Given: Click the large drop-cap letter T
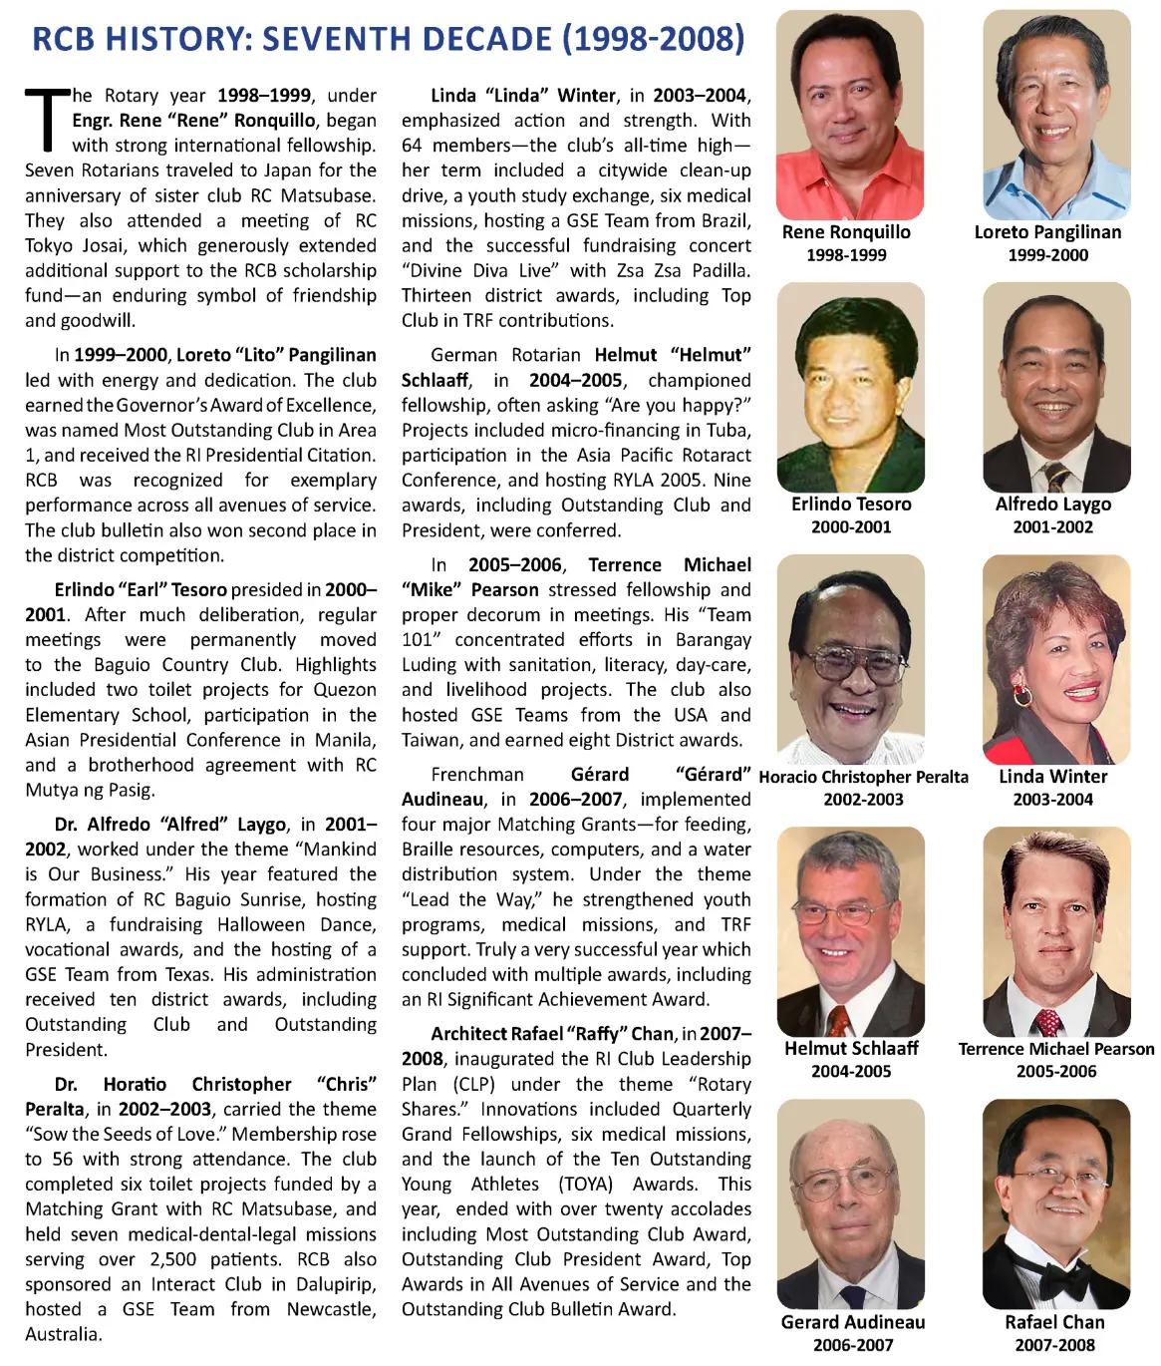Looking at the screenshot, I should point(46,120).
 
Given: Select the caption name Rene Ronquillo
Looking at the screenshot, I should point(846,232).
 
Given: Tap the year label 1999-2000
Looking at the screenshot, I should point(1047,255).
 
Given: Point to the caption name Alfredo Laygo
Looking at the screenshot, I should point(1052,505).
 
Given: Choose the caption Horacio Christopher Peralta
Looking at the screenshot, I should point(863,777).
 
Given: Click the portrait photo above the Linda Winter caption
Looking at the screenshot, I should point(1056,659).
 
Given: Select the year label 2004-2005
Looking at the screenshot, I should point(851,1072).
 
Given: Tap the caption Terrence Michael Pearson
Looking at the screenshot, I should point(1056,1049).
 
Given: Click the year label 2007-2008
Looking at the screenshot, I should point(1054,1345).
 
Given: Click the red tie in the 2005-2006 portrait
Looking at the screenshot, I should point(1047,1023).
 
